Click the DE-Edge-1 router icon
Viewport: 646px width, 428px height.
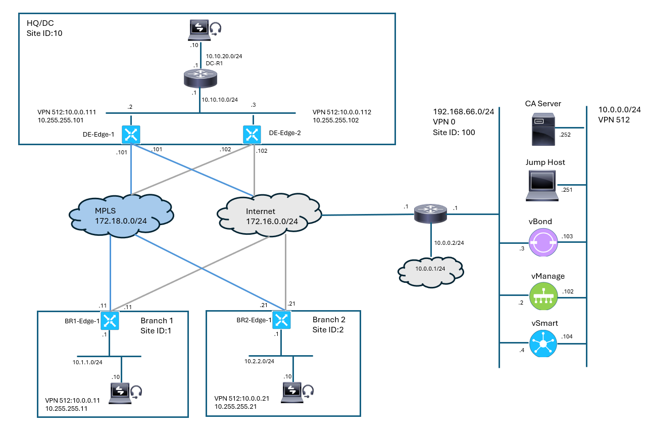click(131, 135)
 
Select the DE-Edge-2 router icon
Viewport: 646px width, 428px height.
click(251, 134)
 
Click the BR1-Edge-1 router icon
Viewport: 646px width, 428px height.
click(110, 320)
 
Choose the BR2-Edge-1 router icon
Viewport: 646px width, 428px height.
click(281, 319)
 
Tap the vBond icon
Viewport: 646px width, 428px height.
click(542, 242)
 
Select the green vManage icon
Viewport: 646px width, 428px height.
click(542, 296)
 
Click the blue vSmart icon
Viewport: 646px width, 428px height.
click(542, 344)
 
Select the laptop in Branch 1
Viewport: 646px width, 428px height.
click(121, 392)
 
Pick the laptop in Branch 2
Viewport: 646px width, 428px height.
click(294, 391)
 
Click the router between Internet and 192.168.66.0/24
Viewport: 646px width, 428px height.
click(430, 213)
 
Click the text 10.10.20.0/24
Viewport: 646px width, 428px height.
click(222, 56)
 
